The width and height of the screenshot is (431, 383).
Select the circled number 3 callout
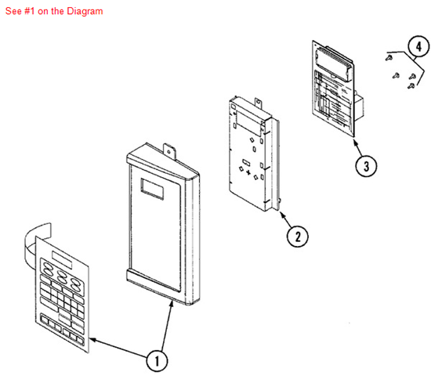coord(364,165)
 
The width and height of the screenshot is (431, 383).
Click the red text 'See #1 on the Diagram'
coord(53,12)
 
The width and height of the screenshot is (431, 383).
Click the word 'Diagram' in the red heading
coord(86,12)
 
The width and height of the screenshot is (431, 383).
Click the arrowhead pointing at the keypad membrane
coord(92,339)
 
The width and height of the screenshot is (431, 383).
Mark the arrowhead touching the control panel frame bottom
coord(172,301)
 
